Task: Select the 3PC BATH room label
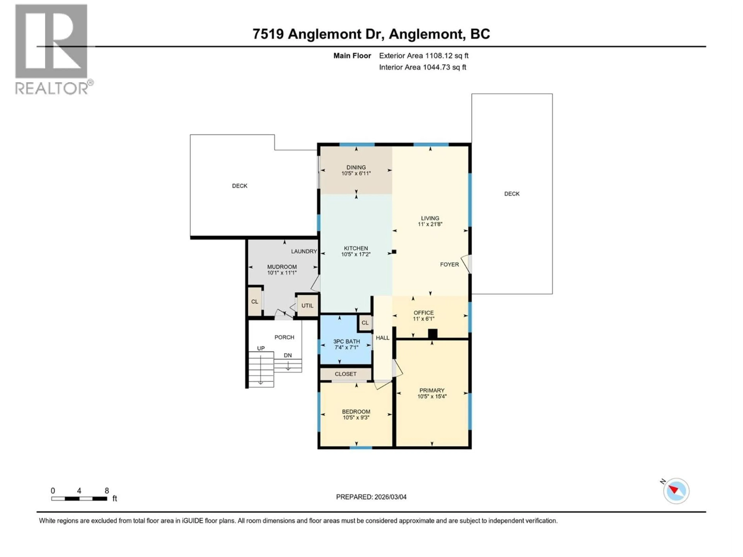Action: [x=346, y=341]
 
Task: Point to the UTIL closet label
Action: [x=307, y=306]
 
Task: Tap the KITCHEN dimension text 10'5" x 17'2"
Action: [x=356, y=255]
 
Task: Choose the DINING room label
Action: [x=356, y=167]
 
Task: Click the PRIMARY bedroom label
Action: [x=432, y=390]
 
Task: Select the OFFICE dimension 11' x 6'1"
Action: [x=424, y=319]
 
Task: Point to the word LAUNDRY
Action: [x=304, y=251]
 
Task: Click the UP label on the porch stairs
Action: [x=261, y=348]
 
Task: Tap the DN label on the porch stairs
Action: [x=288, y=355]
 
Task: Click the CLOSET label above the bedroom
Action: [x=345, y=374]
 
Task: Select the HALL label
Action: [x=382, y=338]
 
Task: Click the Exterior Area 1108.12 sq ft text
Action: [x=424, y=56]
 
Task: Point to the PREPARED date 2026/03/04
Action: [x=371, y=497]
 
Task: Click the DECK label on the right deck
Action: [x=512, y=194]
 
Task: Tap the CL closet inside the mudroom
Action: [x=255, y=302]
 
